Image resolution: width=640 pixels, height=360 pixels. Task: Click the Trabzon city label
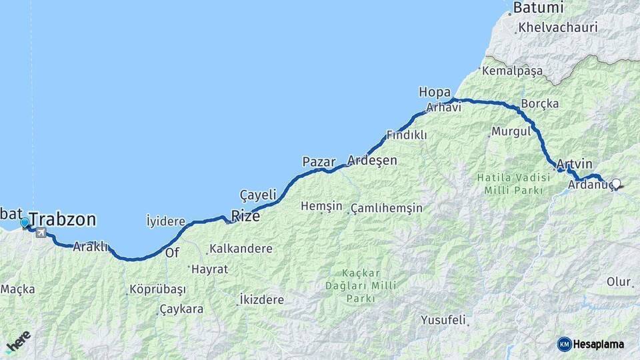[63, 219]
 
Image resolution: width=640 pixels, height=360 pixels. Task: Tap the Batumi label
[537, 9]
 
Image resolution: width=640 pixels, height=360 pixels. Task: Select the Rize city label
[245, 215]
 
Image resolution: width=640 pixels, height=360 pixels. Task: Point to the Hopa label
[435, 92]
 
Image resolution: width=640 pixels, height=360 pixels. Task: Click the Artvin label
[573, 164]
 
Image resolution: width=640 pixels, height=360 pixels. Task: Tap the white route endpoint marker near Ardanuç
[616, 184]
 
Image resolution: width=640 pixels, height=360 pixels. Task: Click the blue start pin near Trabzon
[25, 223]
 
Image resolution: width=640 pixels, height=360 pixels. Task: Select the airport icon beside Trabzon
[42, 233]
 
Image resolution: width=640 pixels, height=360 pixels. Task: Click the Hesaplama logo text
[597, 344]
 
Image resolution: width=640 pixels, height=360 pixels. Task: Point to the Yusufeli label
[443, 321]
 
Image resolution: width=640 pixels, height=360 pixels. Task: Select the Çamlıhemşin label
[386, 208]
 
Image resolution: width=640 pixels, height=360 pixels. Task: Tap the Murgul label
[511, 131]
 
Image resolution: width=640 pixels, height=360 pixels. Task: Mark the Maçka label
[17, 289]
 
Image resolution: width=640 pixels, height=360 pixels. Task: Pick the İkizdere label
[261, 300]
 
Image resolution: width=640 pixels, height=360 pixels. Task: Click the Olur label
[618, 282]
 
